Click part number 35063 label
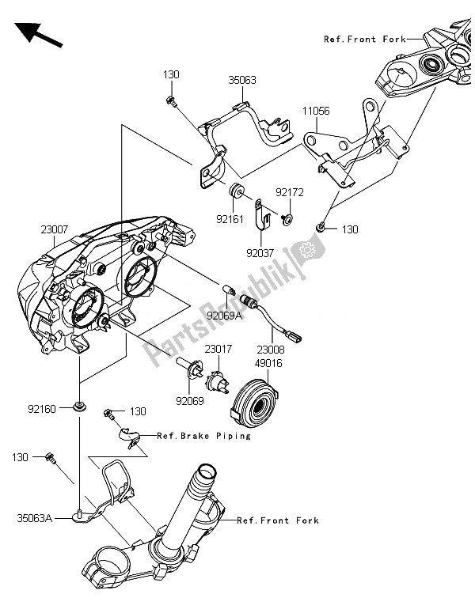tap(242, 80)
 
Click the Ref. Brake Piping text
tap(203, 436)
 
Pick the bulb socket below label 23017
tap(214, 384)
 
